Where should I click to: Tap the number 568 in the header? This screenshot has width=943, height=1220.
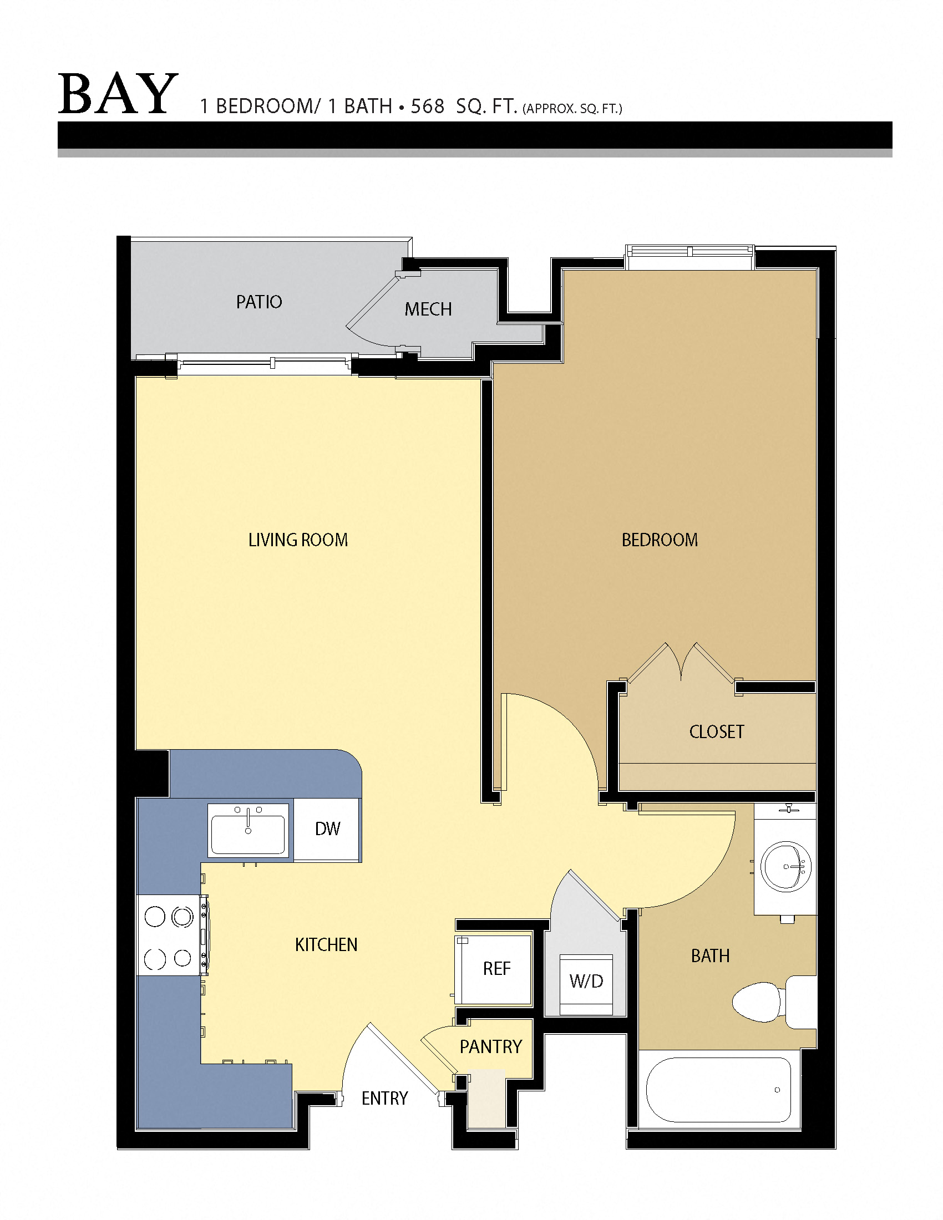click(427, 106)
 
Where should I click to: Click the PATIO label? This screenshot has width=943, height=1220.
click(258, 302)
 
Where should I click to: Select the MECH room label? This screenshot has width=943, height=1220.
click(428, 309)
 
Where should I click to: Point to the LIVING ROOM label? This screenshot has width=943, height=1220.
click(298, 540)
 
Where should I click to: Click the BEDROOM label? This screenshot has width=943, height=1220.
click(660, 540)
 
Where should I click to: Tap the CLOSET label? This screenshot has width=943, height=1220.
click(717, 732)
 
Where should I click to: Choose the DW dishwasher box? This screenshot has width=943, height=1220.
click(327, 828)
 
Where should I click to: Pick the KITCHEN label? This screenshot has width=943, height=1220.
click(326, 944)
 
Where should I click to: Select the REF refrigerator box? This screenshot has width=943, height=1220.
click(495, 968)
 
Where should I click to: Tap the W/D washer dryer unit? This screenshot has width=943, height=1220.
click(586, 982)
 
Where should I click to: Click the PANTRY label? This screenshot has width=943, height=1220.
click(490, 1046)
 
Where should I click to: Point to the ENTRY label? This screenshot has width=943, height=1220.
click(384, 1098)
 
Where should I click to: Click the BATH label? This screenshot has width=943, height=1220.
click(710, 956)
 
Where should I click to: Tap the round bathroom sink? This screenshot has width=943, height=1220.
click(785, 866)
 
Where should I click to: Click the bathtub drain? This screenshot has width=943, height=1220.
click(777, 1090)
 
